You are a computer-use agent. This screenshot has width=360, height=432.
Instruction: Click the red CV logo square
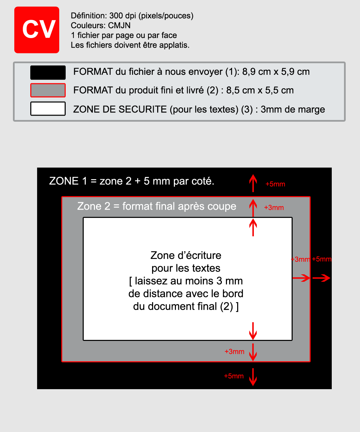[x=37, y=30]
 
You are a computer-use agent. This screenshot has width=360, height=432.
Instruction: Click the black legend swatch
[x=48, y=72]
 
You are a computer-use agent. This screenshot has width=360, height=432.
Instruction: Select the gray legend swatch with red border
[x=48, y=90]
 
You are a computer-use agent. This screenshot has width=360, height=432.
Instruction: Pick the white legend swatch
[x=48, y=109]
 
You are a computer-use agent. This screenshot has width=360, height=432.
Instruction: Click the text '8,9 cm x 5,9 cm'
[x=276, y=72]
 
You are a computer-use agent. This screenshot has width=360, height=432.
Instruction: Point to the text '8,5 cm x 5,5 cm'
[x=260, y=90]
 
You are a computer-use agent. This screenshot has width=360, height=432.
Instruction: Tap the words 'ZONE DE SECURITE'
[x=120, y=109]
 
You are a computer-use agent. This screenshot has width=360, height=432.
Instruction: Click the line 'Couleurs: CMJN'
[x=100, y=25]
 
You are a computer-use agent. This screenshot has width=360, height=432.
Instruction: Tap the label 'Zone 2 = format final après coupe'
[x=157, y=206]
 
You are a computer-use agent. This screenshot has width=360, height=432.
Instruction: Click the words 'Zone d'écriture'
[x=186, y=255]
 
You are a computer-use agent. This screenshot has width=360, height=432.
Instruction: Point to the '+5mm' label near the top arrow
[x=275, y=184]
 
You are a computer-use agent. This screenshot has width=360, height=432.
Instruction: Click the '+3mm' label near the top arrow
[x=274, y=208]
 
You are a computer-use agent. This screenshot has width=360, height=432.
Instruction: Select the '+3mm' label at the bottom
[x=234, y=351]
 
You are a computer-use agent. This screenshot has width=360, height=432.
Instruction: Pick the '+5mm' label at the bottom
[x=234, y=376]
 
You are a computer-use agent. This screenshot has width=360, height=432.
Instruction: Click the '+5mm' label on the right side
[x=322, y=259]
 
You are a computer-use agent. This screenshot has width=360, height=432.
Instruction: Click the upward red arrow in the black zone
[x=253, y=183]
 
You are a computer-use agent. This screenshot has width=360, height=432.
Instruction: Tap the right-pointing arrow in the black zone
[x=321, y=278]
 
